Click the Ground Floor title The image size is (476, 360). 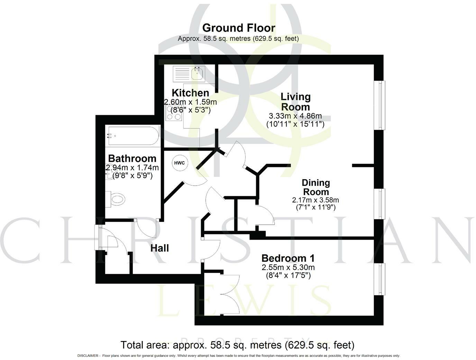tap(238, 28)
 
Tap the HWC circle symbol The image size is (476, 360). tap(179, 163)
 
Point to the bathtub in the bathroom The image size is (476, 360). tap(133, 136)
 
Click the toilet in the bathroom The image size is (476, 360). tap(116, 200)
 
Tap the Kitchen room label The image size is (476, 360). tap(190, 93)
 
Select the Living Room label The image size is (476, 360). tap(295, 101)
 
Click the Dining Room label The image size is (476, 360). tap(315, 187)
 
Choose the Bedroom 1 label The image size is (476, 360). tap(288, 258)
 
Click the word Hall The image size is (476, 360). tap(159, 248)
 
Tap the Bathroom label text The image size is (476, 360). tap(132, 158)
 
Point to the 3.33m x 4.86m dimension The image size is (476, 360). tap(295, 116)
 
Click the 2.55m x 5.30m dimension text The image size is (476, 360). tap(288, 267)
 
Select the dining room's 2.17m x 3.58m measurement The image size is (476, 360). tap(315, 200)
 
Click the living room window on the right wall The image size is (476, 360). tap(381, 105)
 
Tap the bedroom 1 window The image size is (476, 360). tap(381, 279)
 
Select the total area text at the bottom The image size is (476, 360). tap(237, 345)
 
